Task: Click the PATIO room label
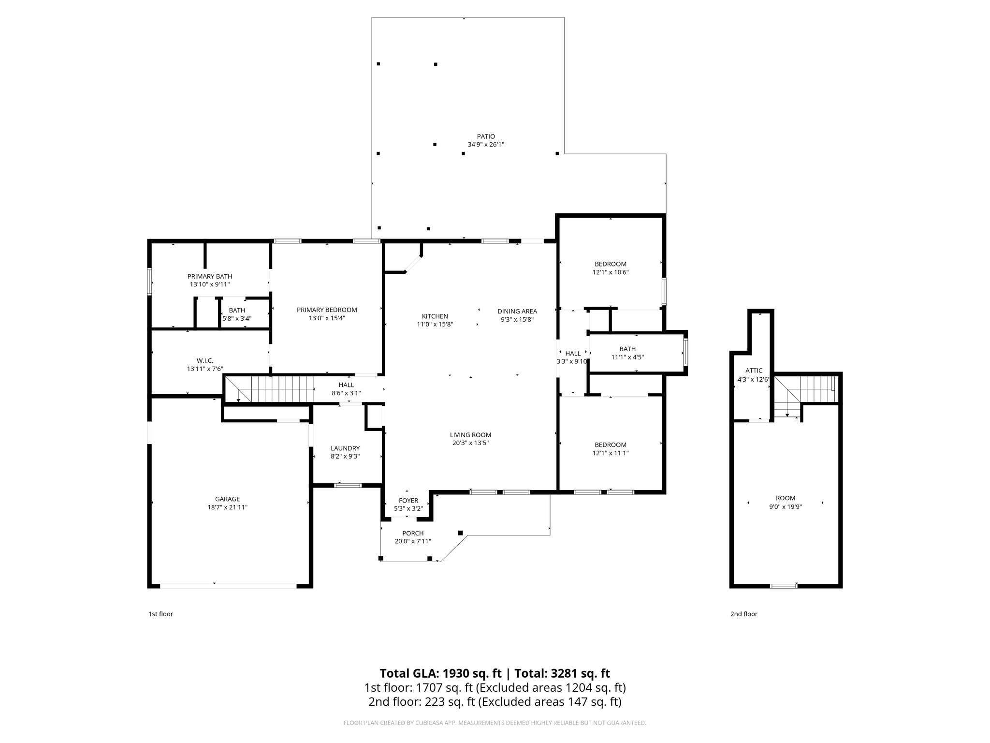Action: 486,136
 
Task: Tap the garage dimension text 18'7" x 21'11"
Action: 227,507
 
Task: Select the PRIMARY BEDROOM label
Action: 327,310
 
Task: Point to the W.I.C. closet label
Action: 205,360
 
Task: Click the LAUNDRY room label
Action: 345,448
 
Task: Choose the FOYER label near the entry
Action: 408,500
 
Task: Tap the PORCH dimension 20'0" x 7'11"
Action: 413,541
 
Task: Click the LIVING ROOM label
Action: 470,435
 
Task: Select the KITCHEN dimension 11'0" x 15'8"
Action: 435,324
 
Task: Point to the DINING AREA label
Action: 517,311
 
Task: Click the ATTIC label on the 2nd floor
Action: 754,371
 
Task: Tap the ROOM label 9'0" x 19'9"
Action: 786,498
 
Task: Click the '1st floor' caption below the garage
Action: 160,614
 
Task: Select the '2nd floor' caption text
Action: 743,614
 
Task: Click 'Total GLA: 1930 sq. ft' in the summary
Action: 440,673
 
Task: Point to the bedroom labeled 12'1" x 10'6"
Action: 611,264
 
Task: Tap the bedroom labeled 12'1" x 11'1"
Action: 611,445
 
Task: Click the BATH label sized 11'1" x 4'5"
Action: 627,349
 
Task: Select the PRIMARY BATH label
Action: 210,276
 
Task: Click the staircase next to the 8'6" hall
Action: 271,389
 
